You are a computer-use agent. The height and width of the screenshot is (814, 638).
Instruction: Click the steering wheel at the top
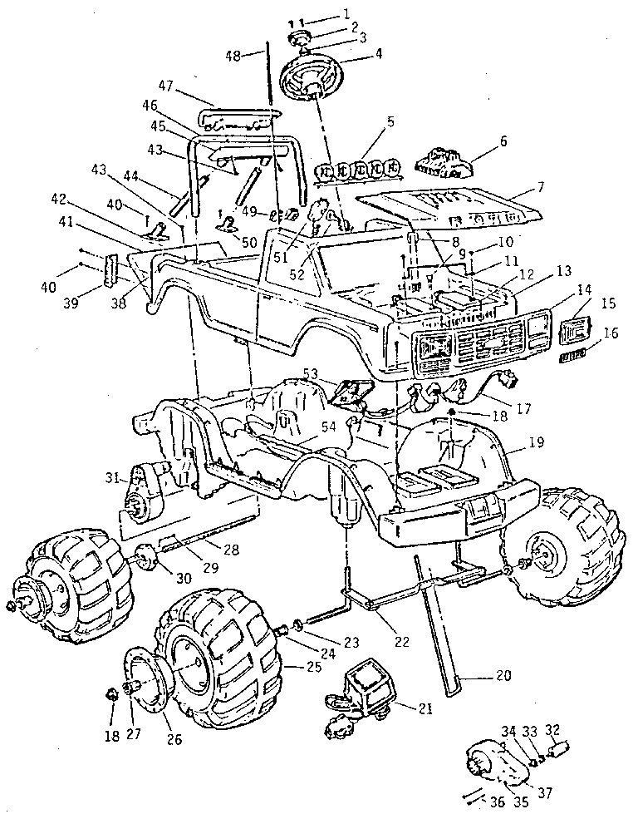[x=313, y=77]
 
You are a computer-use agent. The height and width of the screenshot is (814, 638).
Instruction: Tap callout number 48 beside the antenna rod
[x=233, y=56]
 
